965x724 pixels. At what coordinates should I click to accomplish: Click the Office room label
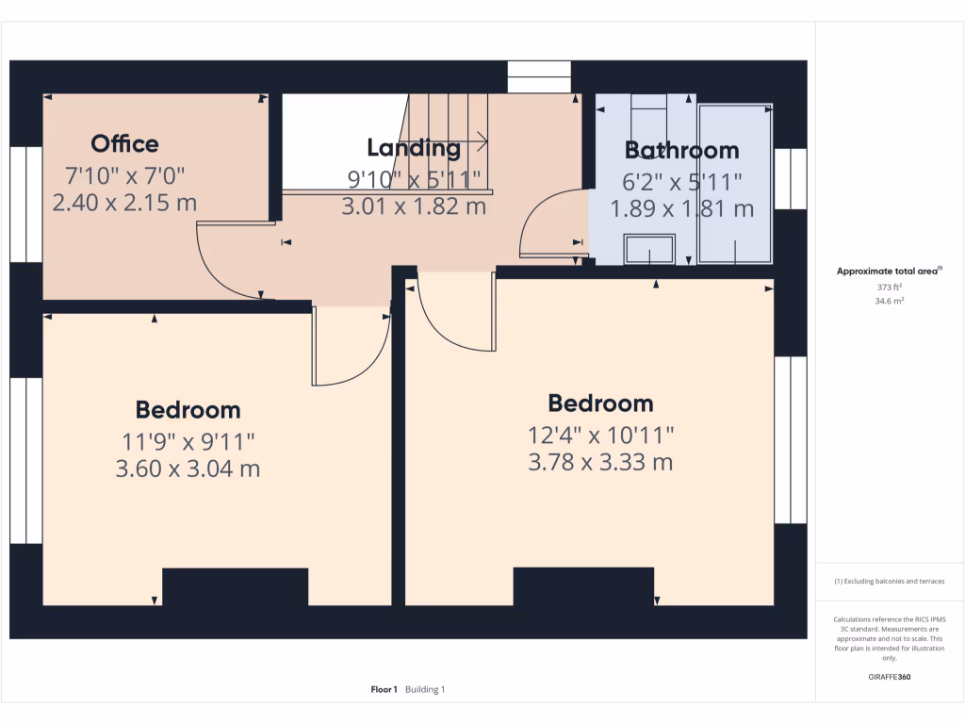tap(124, 143)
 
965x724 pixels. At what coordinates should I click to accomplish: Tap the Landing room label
tap(414, 147)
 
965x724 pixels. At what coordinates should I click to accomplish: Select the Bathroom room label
tap(682, 150)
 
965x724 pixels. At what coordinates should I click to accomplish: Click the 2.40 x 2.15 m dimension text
tap(124, 202)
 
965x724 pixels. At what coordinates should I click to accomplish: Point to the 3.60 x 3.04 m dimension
tap(188, 469)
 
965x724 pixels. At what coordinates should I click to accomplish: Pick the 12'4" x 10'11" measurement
tap(601, 435)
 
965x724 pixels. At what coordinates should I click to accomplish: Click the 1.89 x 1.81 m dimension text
tap(682, 208)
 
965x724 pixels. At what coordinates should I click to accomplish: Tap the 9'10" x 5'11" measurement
tap(414, 177)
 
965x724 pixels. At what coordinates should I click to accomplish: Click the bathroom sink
tap(649, 249)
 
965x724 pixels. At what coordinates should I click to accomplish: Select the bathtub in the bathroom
tap(735, 184)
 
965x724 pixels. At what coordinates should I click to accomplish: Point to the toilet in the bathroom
tap(648, 113)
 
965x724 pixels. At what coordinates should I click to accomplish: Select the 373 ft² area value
tap(890, 288)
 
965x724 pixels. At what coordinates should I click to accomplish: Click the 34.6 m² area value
tap(890, 301)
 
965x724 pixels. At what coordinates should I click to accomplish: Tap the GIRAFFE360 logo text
tap(890, 677)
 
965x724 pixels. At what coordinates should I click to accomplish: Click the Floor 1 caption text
tap(384, 690)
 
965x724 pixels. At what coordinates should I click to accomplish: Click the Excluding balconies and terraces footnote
tap(890, 582)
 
